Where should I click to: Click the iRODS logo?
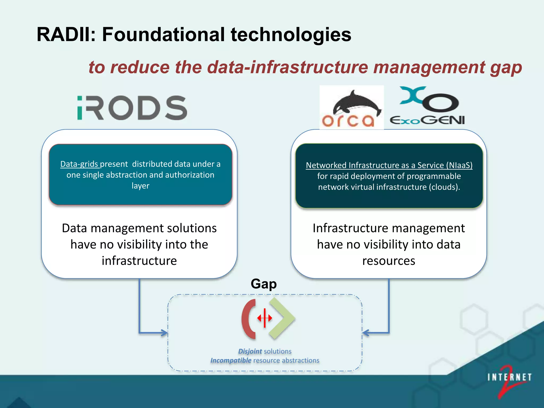point(132,108)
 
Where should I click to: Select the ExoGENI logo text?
point(427,120)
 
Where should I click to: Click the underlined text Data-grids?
point(79,164)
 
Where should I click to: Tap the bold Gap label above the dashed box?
point(263,284)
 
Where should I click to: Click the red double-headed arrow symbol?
point(265,318)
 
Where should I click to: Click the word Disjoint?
point(250,351)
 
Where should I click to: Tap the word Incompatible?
point(231,360)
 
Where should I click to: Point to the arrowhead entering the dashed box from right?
point(366,333)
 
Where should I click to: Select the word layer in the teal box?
point(140,186)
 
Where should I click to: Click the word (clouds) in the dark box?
point(444,187)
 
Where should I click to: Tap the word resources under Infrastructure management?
point(389,261)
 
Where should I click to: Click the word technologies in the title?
point(291,35)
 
